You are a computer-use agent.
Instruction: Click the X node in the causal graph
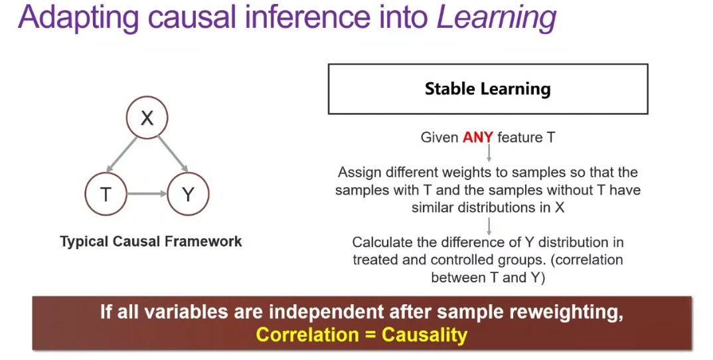147,118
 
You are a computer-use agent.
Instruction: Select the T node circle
106,195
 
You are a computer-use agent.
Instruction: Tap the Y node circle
189,195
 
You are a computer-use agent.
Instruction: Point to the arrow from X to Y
173,155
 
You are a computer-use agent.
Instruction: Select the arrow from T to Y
147,195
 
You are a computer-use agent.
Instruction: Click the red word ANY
478,137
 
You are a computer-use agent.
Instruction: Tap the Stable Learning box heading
488,89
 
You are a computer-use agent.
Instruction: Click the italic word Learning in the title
497,17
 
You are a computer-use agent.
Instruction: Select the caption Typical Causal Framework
151,241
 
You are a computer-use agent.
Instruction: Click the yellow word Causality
425,335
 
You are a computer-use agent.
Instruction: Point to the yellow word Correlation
308,335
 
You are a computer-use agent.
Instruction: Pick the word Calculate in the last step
376,242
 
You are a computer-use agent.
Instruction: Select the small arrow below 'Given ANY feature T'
489,153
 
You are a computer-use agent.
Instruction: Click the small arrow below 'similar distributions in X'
489,226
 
